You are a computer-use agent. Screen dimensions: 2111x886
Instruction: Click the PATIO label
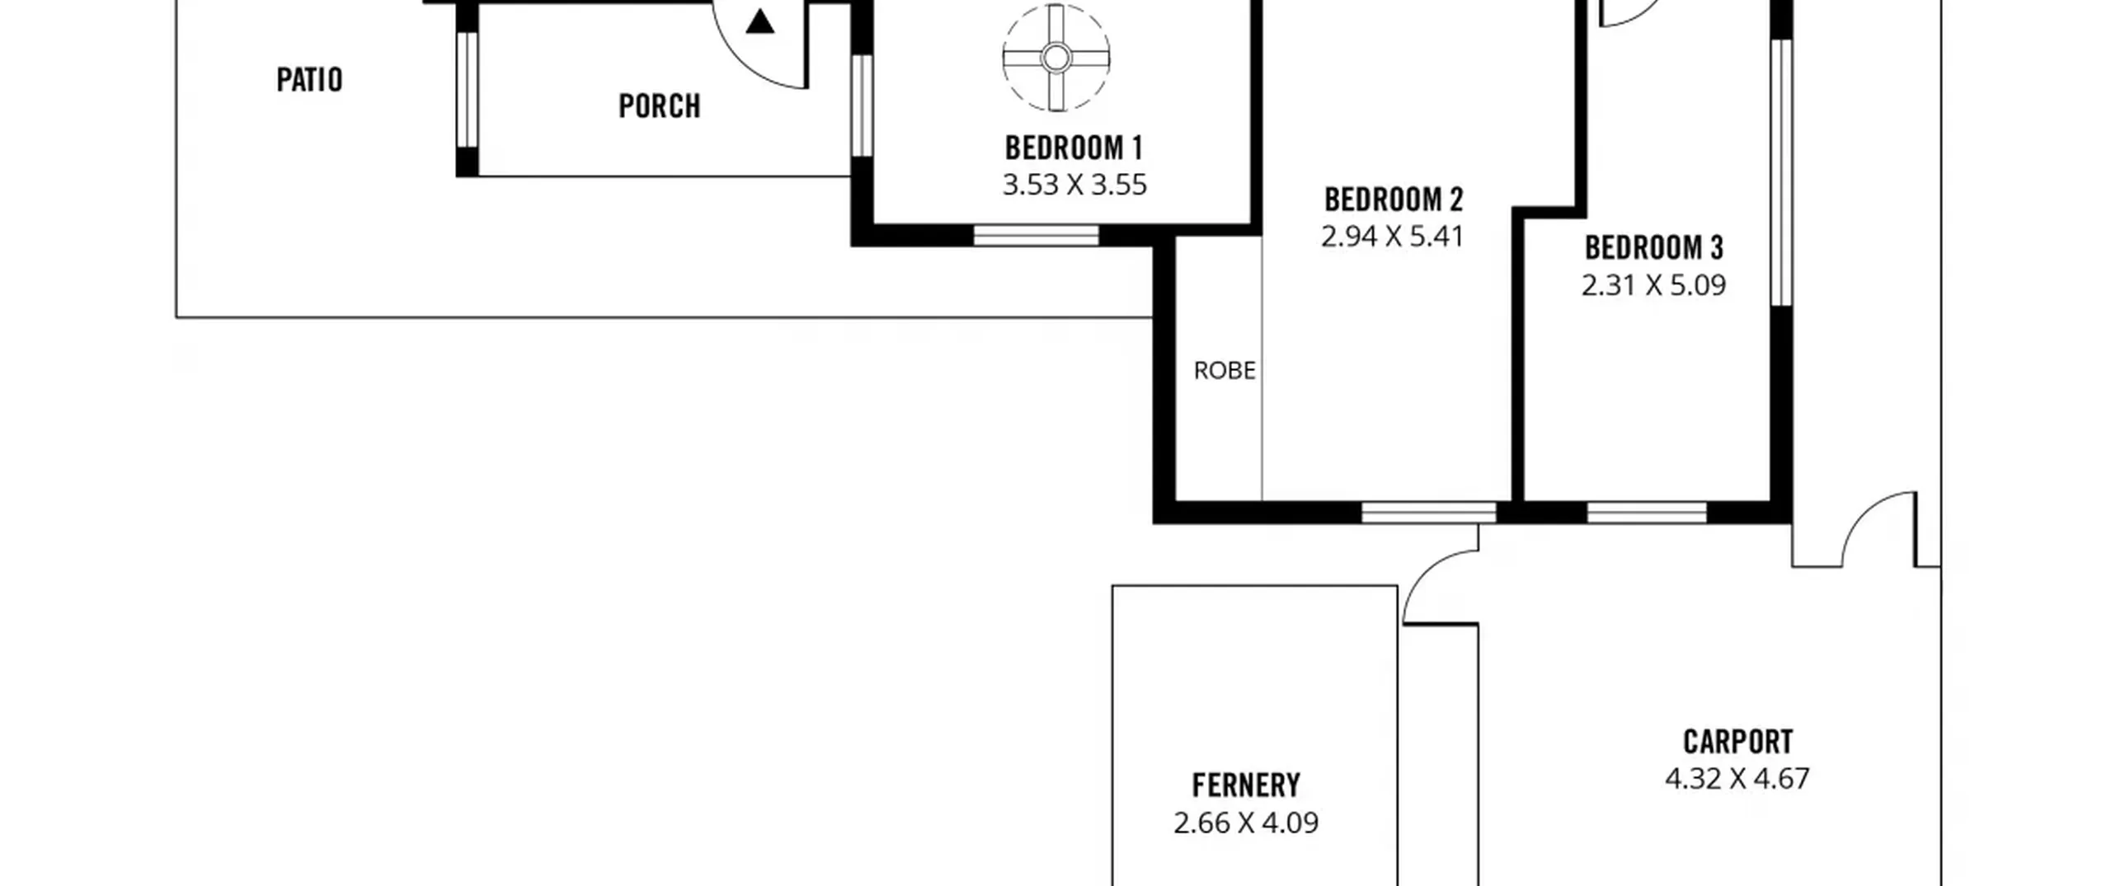pyautogui.click(x=309, y=80)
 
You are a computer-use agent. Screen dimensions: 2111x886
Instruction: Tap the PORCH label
pyautogui.click(x=660, y=106)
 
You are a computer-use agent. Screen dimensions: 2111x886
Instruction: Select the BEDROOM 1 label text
pyautogui.click(x=1074, y=148)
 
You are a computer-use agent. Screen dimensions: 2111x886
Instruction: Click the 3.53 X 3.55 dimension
pyautogui.click(x=1074, y=185)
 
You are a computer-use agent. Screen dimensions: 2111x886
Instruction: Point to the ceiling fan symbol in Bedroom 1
pyautogui.click(x=1056, y=58)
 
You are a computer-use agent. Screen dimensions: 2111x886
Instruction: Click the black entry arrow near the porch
pyautogui.click(x=759, y=22)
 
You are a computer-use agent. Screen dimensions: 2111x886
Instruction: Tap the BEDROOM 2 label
pyautogui.click(x=1394, y=199)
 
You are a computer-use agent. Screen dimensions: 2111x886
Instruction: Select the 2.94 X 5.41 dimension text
pyautogui.click(x=1393, y=237)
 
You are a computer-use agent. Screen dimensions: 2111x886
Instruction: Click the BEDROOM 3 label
pyautogui.click(x=1654, y=248)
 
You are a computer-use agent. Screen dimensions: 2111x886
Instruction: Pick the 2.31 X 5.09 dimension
pyautogui.click(x=1653, y=285)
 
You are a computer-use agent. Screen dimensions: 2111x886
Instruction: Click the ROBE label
pyautogui.click(x=1225, y=371)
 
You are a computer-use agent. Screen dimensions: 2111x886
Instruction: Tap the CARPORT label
pyautogui.click(x=1737, y=743)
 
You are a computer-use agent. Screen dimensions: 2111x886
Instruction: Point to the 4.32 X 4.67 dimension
pyautogui.click(x=1737, y=779)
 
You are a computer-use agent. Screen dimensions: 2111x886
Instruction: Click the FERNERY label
pyautogui.click(x=1246, y=785)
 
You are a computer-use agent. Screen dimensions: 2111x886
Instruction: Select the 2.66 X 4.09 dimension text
pyautogui.click(x=1246, y=823)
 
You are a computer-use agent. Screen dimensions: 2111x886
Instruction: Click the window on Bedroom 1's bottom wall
pyautogui.click(x=1036, y=236)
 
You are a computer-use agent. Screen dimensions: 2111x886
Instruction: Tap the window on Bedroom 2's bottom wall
pyautogui.click(x=1428, y=513)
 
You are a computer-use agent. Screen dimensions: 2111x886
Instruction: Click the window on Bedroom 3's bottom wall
pyautogui.click(x=1647, y=513)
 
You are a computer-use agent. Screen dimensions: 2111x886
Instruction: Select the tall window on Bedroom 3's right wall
pyautogui.click(x=1781, y=172)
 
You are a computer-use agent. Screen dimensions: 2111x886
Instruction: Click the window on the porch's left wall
pyautogui.click(x=467, y=90)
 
